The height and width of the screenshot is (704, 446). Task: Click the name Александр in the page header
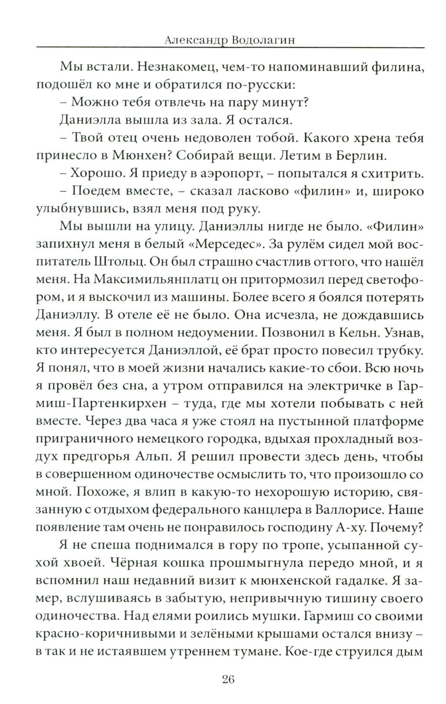point(190,41)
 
